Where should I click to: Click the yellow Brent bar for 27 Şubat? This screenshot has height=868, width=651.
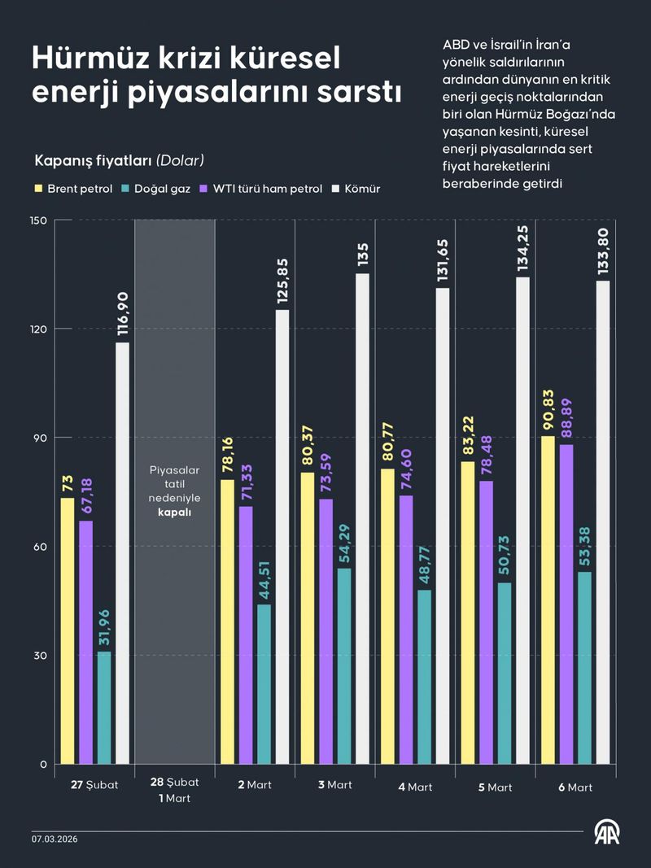tap(68, 631)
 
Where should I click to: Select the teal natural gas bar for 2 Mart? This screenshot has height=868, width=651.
tap(264, 684)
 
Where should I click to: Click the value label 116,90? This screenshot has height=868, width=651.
tap(122, 314)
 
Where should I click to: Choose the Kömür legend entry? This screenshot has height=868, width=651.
tap(358, 189)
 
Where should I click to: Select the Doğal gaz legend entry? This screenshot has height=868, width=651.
tap(159, 189)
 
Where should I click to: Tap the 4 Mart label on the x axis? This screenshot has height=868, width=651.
tap(415, 787)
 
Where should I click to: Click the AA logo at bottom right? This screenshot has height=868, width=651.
tap(605, 833)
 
